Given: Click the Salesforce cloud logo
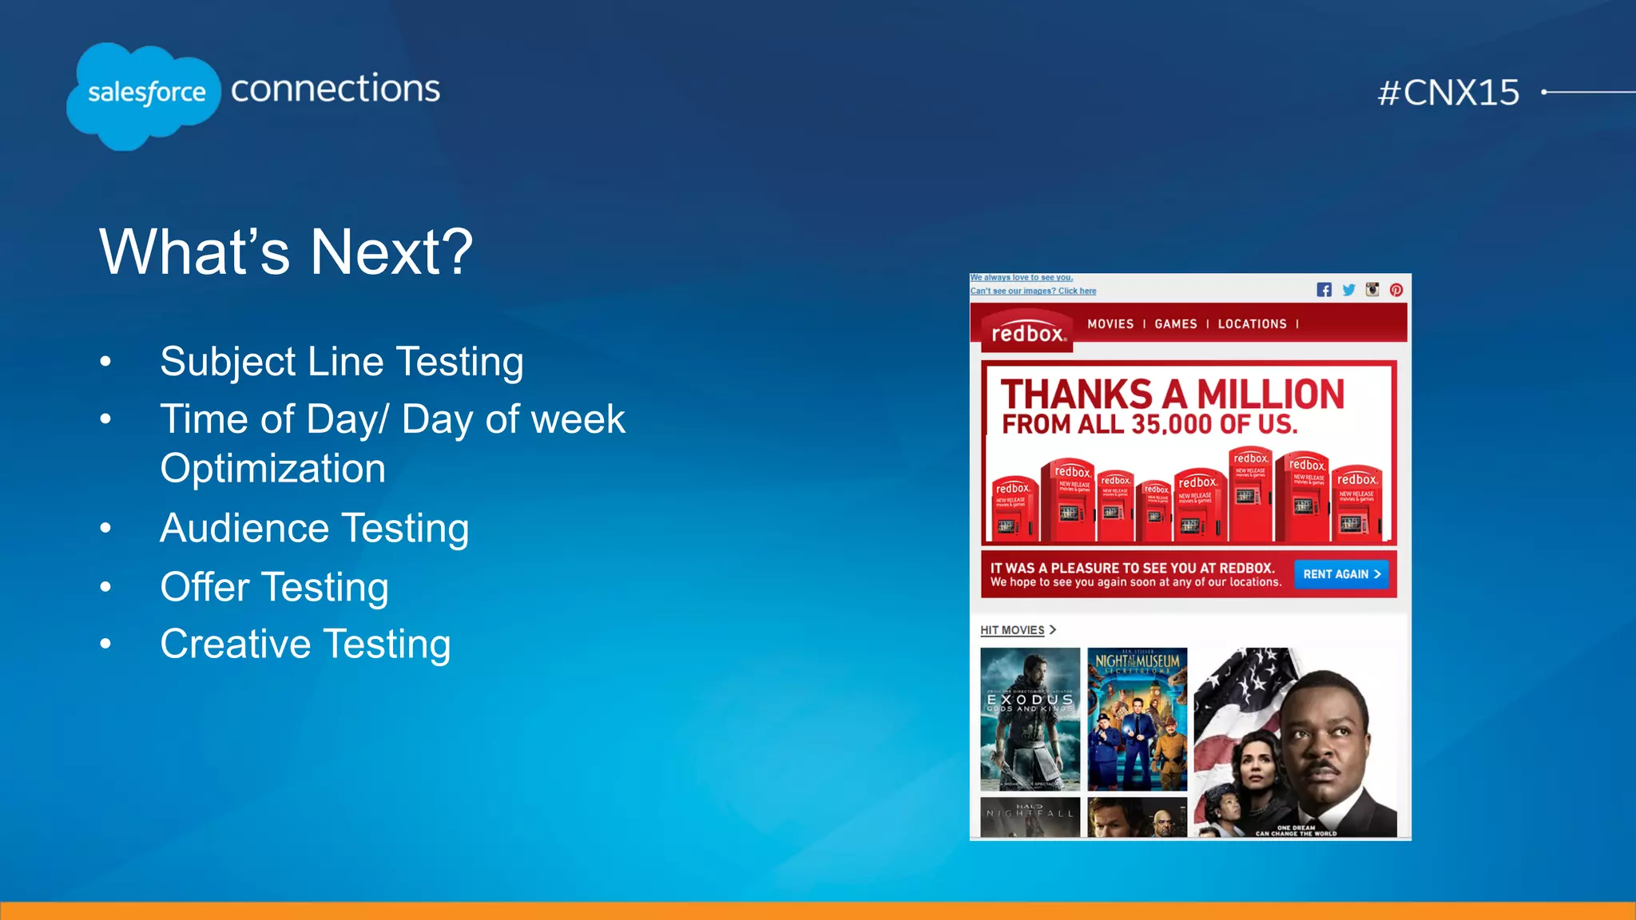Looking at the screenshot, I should [144, 94].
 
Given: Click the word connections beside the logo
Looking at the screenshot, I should [335, 88].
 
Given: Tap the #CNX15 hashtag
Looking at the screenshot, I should [1447, 93].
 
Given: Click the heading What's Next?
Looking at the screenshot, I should [286, 252].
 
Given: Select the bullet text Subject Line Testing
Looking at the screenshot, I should [341, 361].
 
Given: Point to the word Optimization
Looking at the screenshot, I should [272, 468].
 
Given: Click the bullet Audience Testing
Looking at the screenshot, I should [314, 528].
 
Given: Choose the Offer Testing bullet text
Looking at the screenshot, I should [274, 587].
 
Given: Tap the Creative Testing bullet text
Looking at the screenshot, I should [305, 644].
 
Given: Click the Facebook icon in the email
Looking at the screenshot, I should [1324, 290].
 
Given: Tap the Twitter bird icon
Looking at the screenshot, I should [1348, 290].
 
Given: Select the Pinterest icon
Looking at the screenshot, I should [1396, 290].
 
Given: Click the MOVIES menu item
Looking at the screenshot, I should [1110, 324].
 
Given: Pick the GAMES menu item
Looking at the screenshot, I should [1175, 324].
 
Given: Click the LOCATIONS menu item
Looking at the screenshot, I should [1252, 324].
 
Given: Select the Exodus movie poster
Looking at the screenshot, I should [1030, 719].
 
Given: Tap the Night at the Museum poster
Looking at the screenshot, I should [1137, 719].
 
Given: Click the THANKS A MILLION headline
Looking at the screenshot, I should [1172, 395].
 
